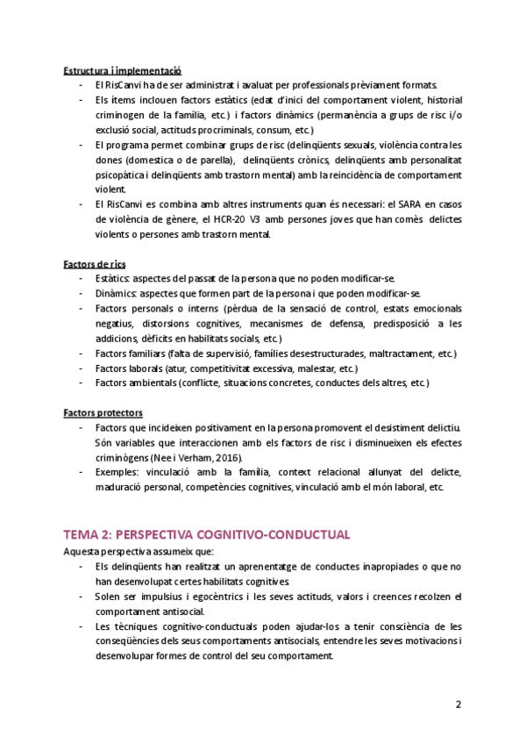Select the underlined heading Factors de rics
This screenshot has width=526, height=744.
96,263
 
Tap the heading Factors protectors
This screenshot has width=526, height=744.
103,412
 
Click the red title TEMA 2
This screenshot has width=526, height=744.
206,533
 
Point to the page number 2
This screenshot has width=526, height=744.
458,704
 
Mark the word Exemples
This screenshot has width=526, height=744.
120,472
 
